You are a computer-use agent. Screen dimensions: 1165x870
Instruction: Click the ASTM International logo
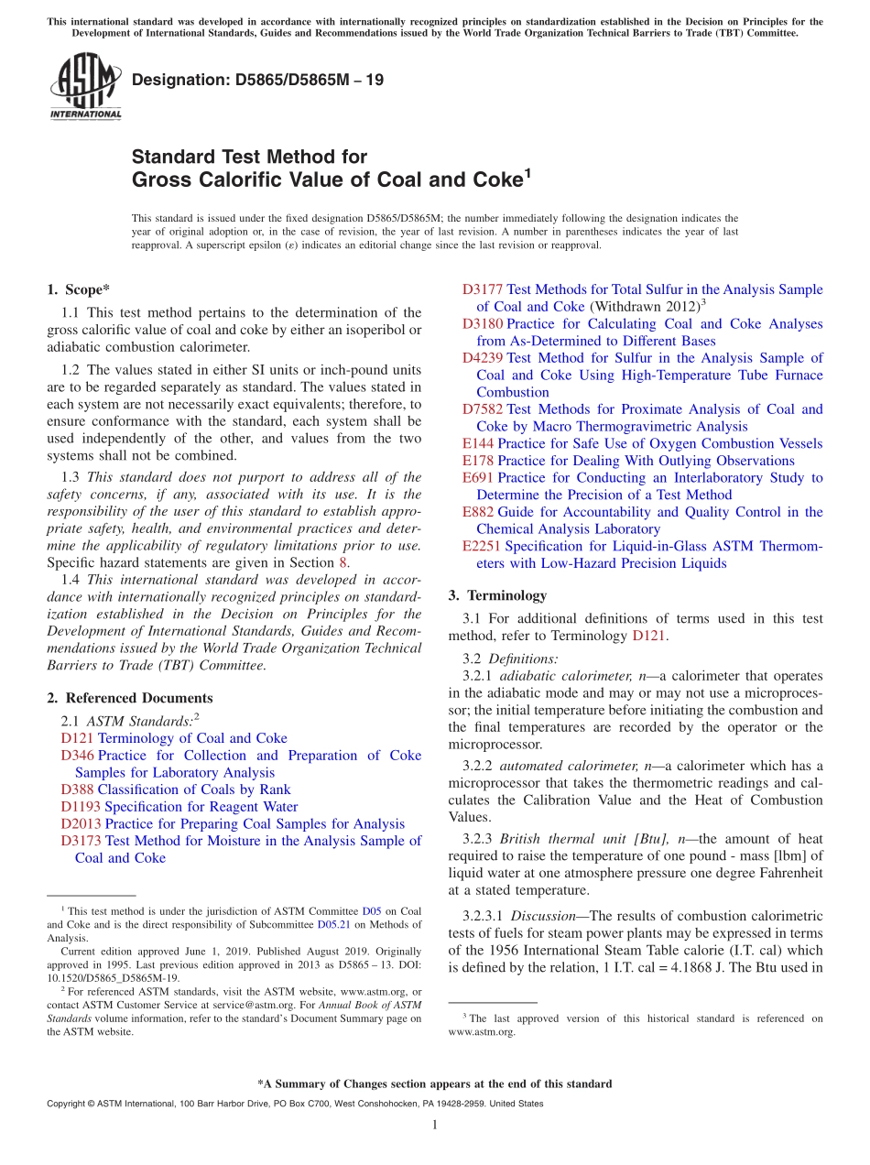[x=85, y=87]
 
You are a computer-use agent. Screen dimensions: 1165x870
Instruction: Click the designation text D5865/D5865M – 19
[x=257, y=81]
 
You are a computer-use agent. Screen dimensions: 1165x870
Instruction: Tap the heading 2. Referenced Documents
[x=130, y=698]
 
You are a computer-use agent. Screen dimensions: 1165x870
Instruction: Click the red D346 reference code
[x=77, y=756]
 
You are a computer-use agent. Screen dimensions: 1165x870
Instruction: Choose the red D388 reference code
[x=77, y=789]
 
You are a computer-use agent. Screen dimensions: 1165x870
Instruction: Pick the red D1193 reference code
[x=81, y=807]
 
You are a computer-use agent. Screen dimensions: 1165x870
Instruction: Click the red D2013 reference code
[x=81, y=824]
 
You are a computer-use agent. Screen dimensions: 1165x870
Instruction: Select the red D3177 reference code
[x=483, y=289]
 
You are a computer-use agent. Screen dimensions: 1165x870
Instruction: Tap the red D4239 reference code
[x=483, y=358]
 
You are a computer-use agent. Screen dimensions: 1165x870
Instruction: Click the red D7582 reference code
[x=483, y=409]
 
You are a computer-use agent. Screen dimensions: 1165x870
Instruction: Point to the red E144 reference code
[x=478, y=444]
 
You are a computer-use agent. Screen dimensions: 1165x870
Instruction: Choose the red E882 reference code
[x=478, y=513]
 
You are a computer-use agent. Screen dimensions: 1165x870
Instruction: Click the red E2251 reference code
[x=482, y=547]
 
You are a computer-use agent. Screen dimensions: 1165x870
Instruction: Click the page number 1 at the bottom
[x=435, y=1125]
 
